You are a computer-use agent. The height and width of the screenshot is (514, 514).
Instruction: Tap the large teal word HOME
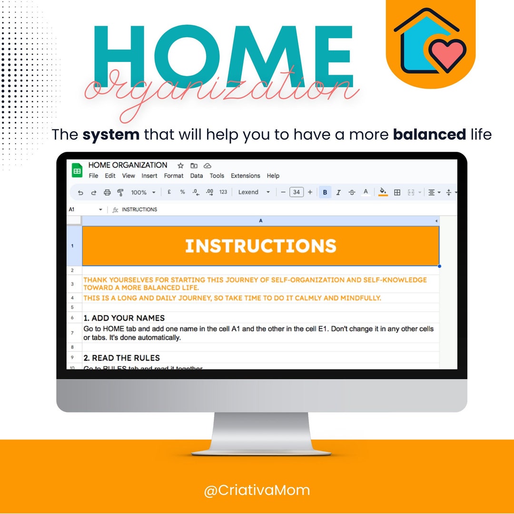[223, 51]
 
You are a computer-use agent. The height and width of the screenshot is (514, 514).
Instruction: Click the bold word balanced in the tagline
[429, 135]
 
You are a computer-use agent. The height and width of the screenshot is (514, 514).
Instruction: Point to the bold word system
[111, 135]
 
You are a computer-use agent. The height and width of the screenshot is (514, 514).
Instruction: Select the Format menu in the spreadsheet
[174, 176]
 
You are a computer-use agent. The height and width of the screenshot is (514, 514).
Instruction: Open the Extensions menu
[246, 176]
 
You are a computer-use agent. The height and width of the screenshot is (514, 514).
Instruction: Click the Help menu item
[273, 176]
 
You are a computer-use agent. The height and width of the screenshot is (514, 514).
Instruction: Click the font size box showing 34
[297, 192]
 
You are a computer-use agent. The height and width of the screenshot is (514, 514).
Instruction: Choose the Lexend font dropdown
[254, 192]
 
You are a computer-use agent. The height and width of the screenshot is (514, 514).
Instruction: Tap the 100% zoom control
[142, 192]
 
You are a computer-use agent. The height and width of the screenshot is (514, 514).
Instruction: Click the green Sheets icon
[77, 170]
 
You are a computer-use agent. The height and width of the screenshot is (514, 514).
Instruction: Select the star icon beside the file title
[180, 166]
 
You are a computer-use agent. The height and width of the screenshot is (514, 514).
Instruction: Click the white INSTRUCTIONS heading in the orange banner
[260, 246]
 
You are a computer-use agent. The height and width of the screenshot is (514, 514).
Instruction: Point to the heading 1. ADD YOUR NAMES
[124, 318]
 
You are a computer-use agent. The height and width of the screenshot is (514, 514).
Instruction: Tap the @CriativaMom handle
[257, 490]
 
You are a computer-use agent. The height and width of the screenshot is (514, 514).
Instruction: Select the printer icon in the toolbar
[107, 192]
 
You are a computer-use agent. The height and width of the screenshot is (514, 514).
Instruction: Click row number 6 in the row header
[72, 318]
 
